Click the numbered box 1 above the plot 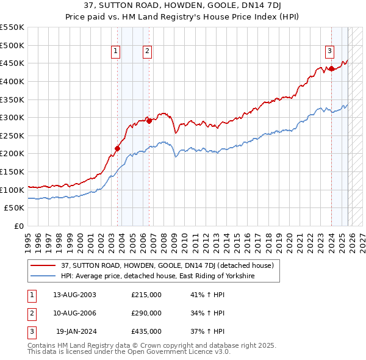pyautogui.click(x=115, y=52)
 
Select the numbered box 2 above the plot pyautogui.click(x=148, y=52)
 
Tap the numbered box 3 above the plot pyautogui.click(x=329, y=52)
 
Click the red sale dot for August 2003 pyautogui.click(x=118, y=148)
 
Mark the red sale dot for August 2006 pyautogui.click(x=149, y=121)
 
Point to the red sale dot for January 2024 pyautogui.click(x=331, y=68)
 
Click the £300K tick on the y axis pyautogui.click(x=13, y=117)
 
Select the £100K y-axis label pyautogui.click(x=13, y=190)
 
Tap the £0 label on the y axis pyautogui.click(x=18, y=226)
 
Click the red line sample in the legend pyautogui.click(x=44, y=265)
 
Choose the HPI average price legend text pyautogui.click(x=157, y=276)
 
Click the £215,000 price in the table pyautogui.click(x=146, y=294)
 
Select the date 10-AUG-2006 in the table pyautogui.click(x=74, y=313)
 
